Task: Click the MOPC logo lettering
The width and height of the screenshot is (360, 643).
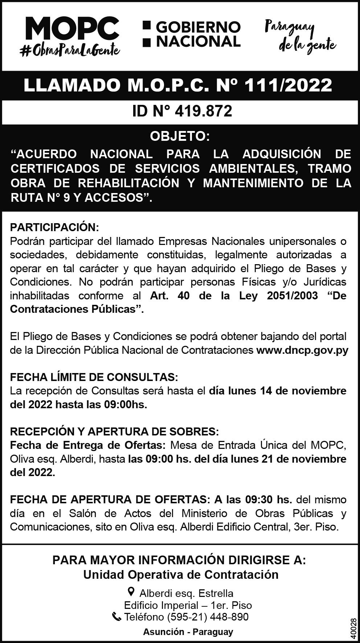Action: [x=72, y=29]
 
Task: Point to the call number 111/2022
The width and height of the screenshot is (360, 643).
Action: [x=288, y=85]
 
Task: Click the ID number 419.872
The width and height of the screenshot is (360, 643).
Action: [x=203, y=111]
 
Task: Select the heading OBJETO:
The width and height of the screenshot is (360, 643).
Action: [x=180, y=137]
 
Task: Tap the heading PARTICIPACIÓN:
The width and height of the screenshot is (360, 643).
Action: [x=54, y=228]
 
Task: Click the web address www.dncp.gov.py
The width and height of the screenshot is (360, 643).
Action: [x=302, y=350]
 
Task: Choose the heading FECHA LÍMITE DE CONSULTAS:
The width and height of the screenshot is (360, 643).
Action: [x=94, y=377]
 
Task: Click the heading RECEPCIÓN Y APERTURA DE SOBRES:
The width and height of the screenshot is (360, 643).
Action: [x=114, y=432]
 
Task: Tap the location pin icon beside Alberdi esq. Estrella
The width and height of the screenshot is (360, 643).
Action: [x=132, y=592]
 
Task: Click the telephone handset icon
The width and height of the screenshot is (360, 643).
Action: [x=117, y=617]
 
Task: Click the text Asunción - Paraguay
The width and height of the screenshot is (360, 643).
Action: [x=188, y=632]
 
